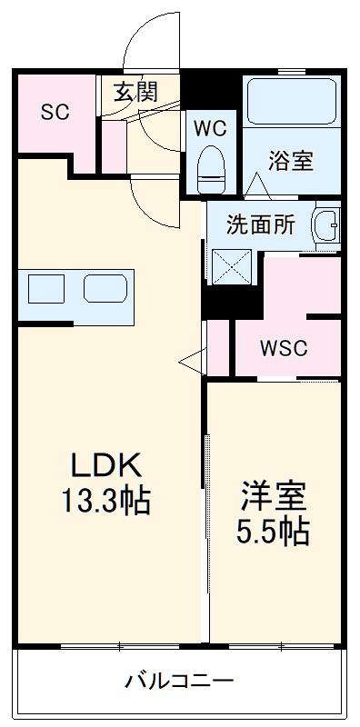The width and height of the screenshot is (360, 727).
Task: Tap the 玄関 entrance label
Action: point(136,91)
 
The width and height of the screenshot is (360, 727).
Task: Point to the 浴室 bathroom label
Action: point(291,161)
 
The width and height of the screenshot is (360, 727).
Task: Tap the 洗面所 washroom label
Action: point(260,225)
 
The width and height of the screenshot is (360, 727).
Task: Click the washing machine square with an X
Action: point(229,267)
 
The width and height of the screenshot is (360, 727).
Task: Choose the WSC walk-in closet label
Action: point(284,348)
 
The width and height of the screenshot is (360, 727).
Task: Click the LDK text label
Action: point(106,466)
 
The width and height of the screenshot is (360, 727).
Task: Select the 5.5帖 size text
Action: point(274,531)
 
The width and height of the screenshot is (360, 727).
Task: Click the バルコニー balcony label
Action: point(179,680)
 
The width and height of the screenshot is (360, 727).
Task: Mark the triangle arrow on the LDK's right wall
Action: point(191,361)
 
